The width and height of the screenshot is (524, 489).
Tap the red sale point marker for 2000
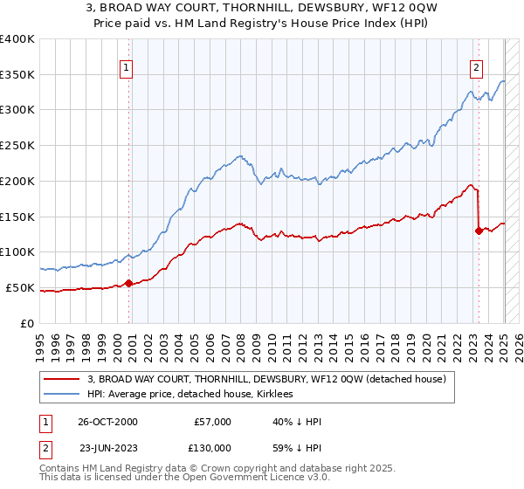click(x=128, y=282)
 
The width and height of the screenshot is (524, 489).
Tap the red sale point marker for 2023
click(x=479, y=231)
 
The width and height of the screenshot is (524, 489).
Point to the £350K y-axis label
click(x=17, y=75)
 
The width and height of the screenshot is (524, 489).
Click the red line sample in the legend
click(x=63, y=379)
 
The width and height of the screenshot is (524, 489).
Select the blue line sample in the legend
click(x=63, y=395)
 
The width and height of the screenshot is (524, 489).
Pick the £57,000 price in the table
click(x=213, y=422)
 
